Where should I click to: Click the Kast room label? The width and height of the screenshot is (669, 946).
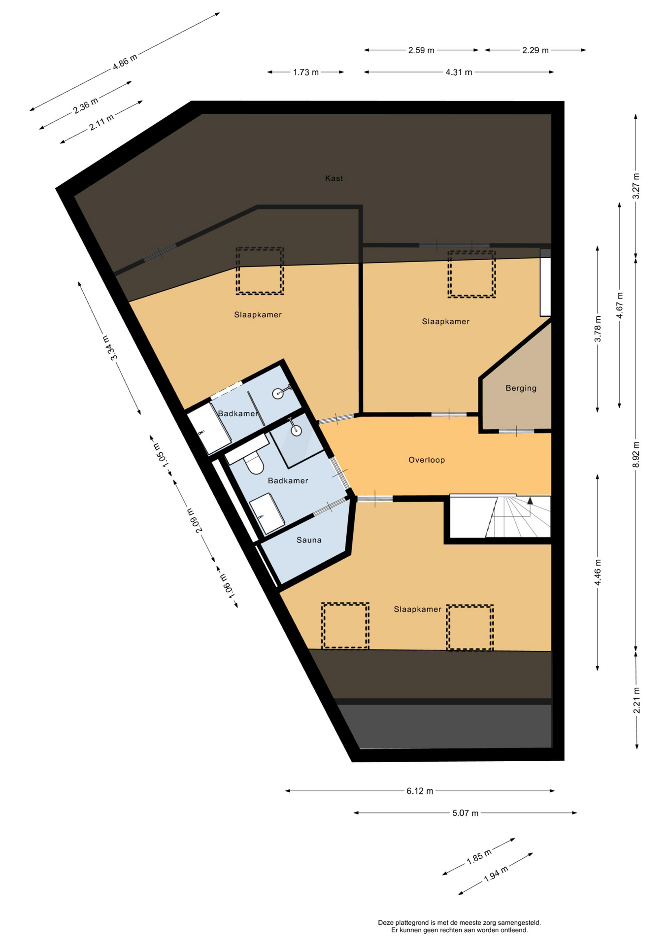tap(334, 178)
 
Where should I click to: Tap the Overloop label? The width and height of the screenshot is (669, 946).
tap(427, 460)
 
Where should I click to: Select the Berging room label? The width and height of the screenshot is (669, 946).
tap(521, 388)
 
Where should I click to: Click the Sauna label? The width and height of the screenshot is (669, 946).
tap(309, 540)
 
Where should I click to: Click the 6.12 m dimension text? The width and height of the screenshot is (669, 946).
tap(420, 791)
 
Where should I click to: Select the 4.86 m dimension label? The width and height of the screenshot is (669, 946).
tap(125, 62)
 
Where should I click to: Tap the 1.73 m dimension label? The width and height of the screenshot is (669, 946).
tap(306, 72)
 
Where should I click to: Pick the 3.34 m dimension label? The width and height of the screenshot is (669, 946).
tap(110, 348)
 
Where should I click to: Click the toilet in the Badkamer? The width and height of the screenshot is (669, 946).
tap(254, 463)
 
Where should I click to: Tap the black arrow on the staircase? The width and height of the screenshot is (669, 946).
tap(530, 501)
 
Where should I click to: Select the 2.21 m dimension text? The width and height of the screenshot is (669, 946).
tap(636, 700)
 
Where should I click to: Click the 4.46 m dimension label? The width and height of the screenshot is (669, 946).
tap(598, 573)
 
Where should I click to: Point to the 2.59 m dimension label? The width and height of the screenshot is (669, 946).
tap(421, 50)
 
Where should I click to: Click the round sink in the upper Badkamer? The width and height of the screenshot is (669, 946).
tap(279, 393)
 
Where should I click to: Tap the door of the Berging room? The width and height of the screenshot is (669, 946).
tap(516, 431)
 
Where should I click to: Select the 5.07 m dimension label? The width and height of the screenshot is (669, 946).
tap(466, 813)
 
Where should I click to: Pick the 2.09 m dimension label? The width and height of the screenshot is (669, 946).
tap(195, 520)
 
